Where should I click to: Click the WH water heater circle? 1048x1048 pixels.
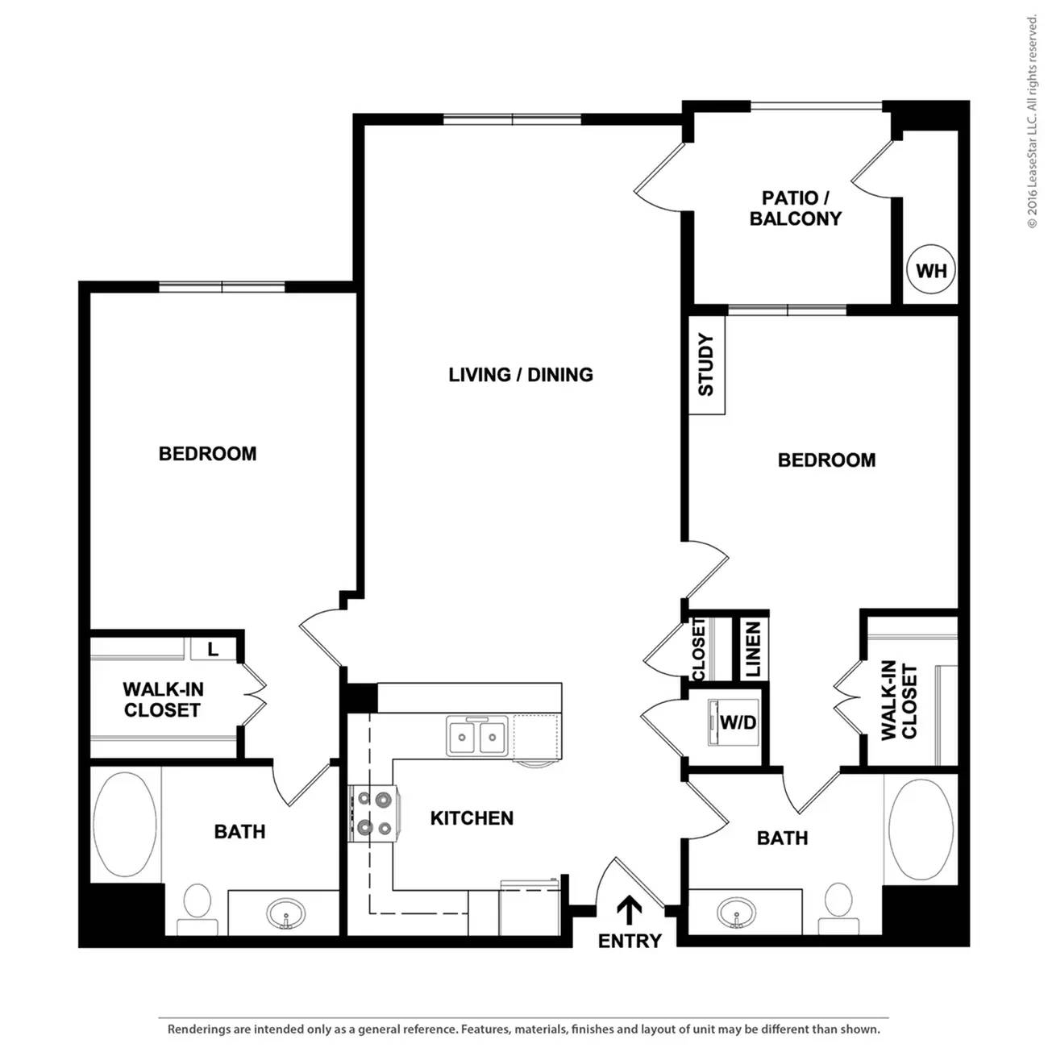click(931, 270)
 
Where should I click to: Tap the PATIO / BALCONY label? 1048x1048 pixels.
click(795, 208)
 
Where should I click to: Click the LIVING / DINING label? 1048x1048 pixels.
click(521, 375)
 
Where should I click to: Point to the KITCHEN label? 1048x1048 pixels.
click(472, 818)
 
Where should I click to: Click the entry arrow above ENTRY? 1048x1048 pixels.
click(629, 910)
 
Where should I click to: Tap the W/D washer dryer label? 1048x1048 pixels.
click(738, 722)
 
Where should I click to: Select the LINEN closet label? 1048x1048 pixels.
click(753, 650)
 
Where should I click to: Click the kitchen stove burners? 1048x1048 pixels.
click(374, 813)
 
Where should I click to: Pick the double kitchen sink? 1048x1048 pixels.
click(477, 736)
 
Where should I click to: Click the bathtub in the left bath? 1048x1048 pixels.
click(125, 824)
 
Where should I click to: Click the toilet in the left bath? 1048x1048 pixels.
click(197, 909)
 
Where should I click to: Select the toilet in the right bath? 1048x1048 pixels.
click(838, 908)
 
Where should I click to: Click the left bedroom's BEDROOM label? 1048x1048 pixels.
click(207, 454)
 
